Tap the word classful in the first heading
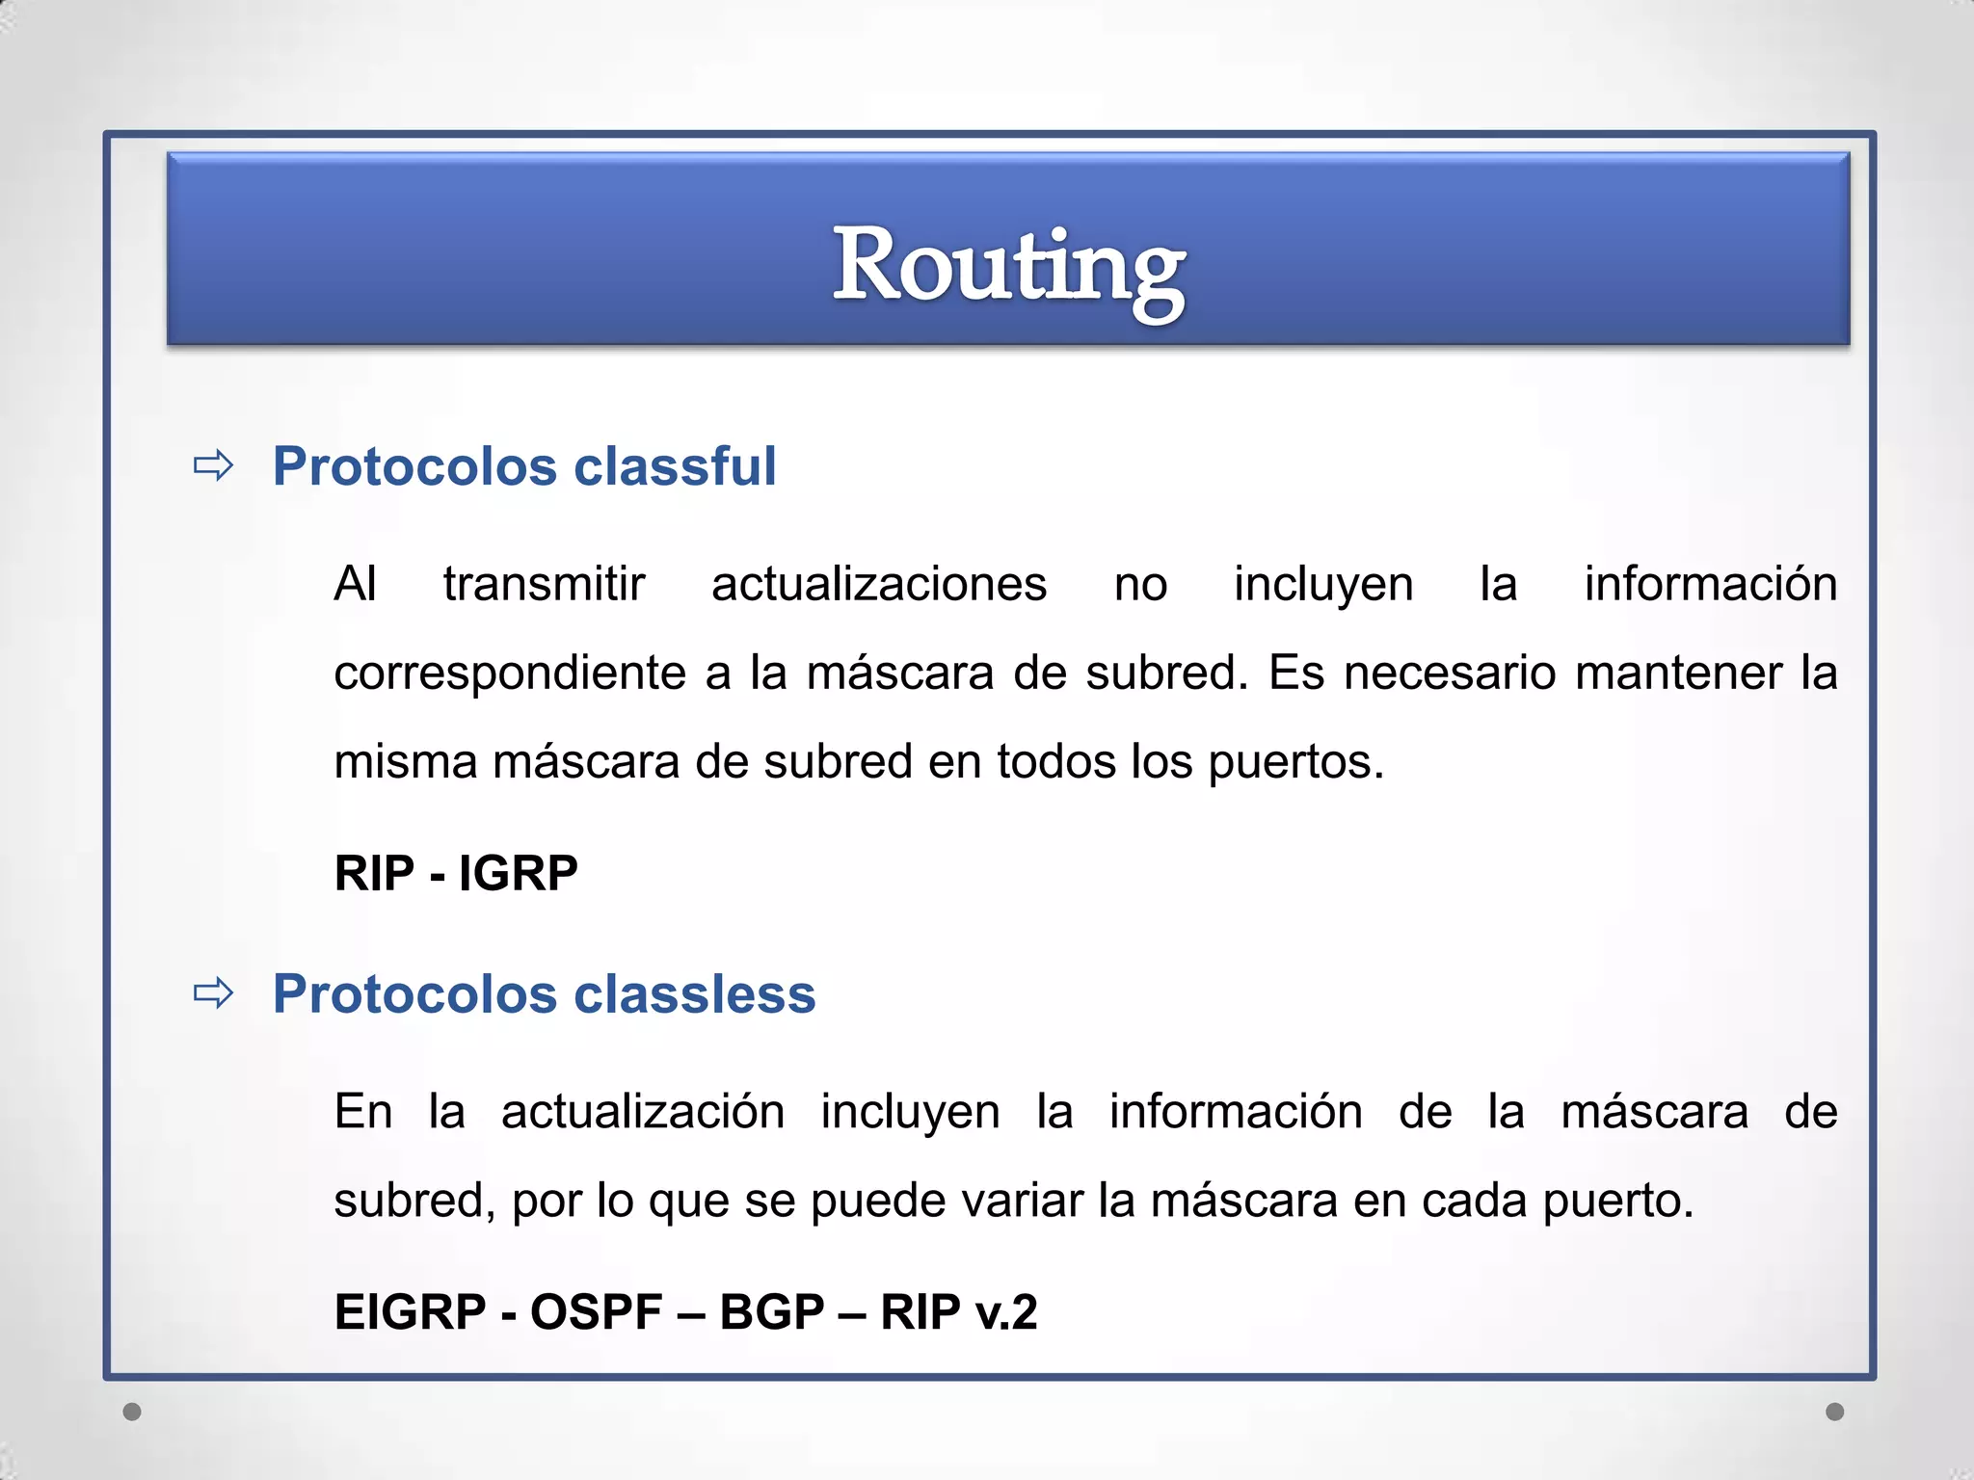675,466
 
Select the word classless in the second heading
694,993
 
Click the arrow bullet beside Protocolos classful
213,466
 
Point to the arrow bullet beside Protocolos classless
213,993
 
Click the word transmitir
544,584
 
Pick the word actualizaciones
878,584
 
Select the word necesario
1449,673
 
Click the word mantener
1678,673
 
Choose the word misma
405,761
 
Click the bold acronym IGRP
518,874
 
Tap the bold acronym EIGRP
410,1312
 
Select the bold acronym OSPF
596,1312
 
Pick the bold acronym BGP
771,1312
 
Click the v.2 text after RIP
1006,1312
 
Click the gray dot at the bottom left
132,1412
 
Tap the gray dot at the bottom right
1835,1412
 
